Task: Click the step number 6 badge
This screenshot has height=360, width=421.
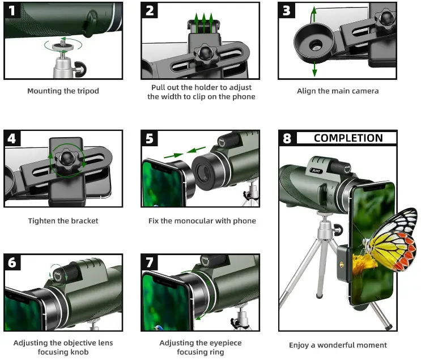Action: point(13,262)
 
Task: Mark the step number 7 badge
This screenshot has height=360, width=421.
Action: point(150,262)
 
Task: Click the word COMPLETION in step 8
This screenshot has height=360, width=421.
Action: point(348,138)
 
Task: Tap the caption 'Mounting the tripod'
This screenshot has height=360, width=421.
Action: point(63,91)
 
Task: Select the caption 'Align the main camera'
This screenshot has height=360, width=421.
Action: point(338,91)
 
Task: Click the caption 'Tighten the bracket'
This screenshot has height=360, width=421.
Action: point(63,221)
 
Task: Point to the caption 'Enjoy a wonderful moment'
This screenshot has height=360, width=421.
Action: point(338,345)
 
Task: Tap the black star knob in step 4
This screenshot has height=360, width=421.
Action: point(67,160)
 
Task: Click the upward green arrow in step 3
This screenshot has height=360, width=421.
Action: point(314,14)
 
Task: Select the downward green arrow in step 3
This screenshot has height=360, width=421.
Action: point(314,69)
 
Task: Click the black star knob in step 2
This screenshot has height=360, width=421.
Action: point(203,55)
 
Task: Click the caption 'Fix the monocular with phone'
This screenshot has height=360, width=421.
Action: point(202,221)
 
